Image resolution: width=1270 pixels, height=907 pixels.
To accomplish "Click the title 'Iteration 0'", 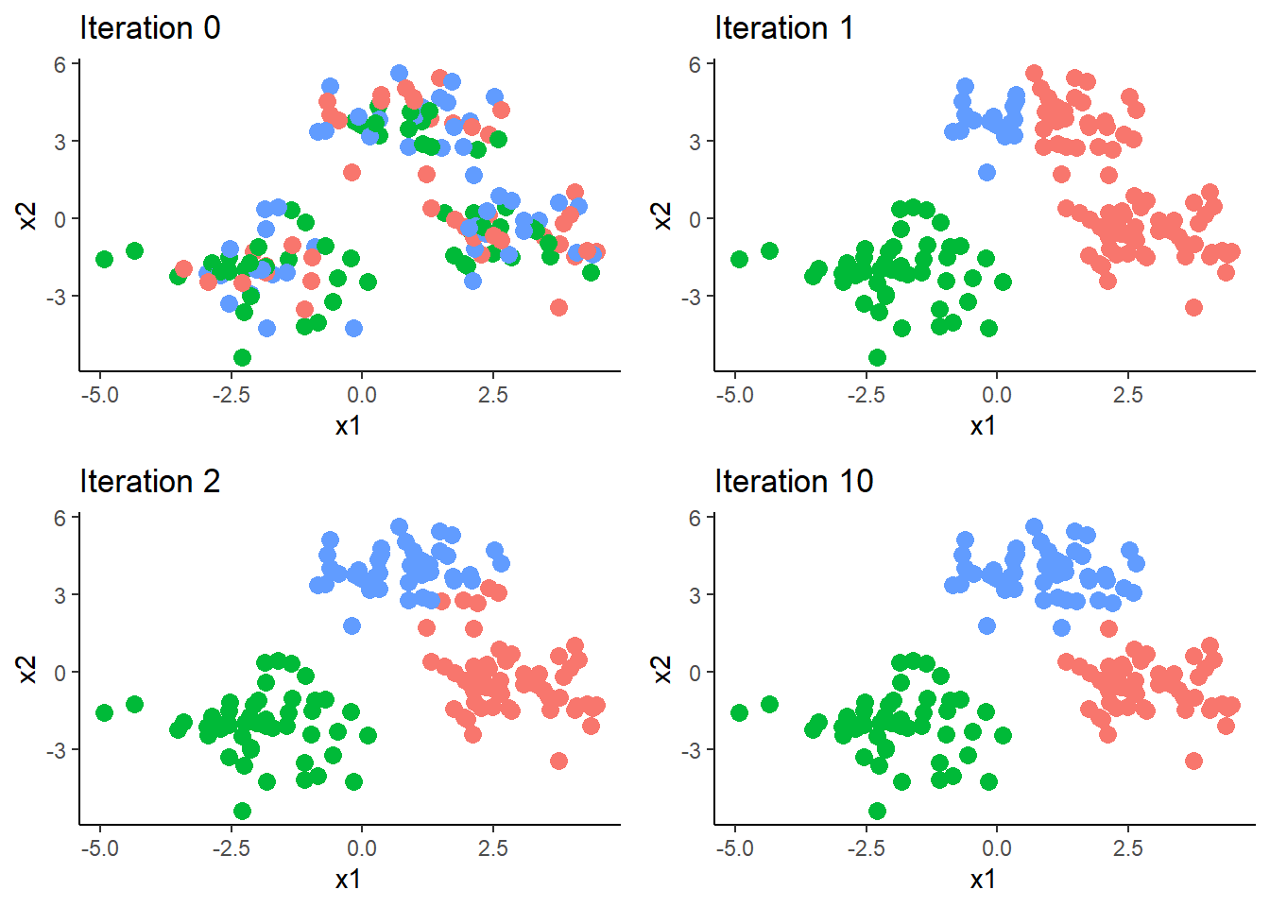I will click(149, 28).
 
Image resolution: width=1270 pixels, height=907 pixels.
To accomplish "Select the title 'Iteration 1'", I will click(784, 28).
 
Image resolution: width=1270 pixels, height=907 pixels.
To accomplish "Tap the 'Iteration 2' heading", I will click(149, 482).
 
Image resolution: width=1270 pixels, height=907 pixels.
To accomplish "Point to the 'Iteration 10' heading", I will click(794, 482).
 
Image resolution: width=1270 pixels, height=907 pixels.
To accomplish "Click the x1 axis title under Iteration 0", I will click(348, 426).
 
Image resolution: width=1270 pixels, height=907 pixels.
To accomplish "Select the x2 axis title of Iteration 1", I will click(663, 215).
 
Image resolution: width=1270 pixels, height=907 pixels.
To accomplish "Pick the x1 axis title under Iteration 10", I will click(983, 880).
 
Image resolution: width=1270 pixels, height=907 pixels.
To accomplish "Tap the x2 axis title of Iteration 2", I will click(28, 669).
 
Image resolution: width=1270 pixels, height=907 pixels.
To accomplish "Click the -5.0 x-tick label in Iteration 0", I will click(100, 395).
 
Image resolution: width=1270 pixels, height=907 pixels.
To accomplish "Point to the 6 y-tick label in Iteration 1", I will click(695, 64).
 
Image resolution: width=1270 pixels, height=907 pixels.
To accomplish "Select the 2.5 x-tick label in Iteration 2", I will click(493, 848).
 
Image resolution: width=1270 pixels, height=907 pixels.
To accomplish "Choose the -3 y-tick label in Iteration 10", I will click(692, 750).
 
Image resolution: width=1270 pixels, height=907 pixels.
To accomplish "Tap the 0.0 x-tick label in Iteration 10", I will click(996, 848).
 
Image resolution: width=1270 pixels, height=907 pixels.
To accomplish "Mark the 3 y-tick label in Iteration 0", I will click(60, 142).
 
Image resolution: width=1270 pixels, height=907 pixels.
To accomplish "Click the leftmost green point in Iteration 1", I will click(739, 259).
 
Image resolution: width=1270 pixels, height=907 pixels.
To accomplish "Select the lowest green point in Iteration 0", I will click(242, 357).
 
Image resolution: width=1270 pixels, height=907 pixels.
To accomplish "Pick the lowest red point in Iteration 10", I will click(1193, 761).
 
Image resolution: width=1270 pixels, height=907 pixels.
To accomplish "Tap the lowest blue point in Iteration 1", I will click(987, 172).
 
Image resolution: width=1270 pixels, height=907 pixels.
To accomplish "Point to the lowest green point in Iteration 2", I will click(242, 811).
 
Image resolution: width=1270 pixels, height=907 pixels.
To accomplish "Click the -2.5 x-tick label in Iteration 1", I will click(865, 395).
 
